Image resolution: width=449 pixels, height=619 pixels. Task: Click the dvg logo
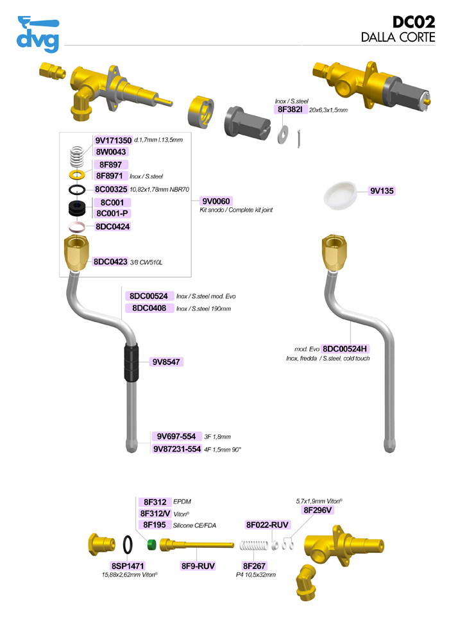pos(37,35)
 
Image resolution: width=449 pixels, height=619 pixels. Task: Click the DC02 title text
pos(414,22)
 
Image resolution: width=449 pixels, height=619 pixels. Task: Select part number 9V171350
pos(113,140)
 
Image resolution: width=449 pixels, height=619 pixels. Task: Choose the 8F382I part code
pos(291,110)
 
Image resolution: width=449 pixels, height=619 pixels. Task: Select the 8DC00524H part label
pos(346,348)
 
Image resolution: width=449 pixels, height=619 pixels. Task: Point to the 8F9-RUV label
pos(197,566)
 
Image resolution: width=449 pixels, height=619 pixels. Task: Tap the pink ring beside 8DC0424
pos(78,226)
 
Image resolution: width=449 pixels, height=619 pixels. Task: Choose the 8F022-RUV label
pos(267,525)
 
